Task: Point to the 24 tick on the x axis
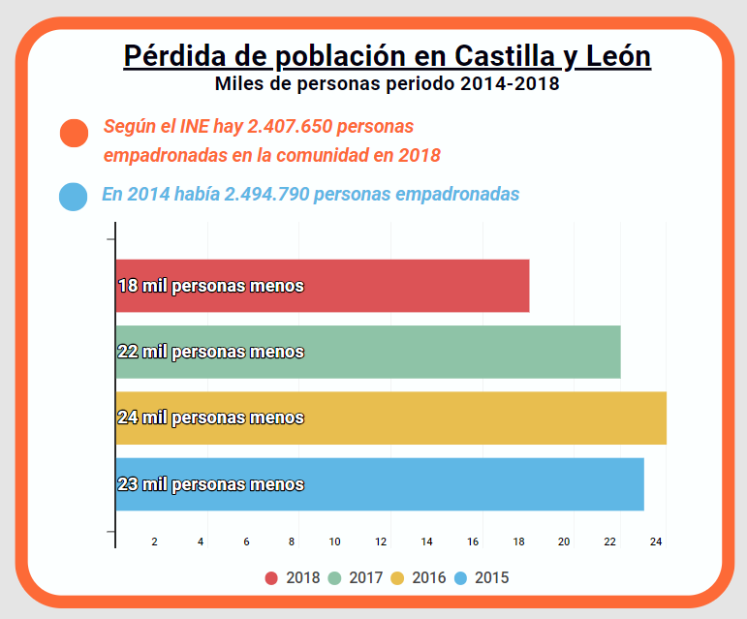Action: pos(656,542)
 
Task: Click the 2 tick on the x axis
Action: pos(155,542)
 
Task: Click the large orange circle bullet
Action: pos(75,133)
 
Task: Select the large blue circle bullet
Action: pos(74,195)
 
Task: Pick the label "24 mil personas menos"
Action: pos(210,418)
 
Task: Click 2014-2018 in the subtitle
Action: pos(509,84)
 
